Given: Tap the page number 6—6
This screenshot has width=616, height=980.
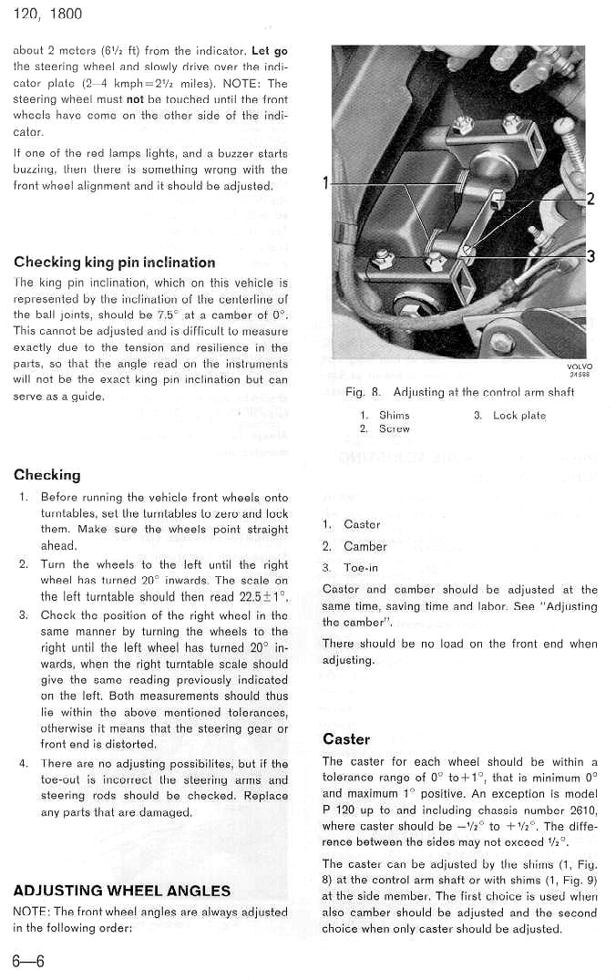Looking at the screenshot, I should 28,961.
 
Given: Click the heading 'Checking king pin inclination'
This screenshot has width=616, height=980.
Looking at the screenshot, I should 115,263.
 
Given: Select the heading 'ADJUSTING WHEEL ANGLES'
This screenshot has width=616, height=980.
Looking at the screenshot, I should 122,890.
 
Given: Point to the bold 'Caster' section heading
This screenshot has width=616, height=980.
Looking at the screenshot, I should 346,738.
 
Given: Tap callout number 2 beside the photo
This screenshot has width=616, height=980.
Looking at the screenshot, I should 590,200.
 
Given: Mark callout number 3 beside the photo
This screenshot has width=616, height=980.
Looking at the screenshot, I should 590,256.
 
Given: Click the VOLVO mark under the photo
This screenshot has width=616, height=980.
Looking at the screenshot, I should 579,366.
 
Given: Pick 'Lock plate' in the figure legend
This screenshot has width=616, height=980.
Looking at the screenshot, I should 519,415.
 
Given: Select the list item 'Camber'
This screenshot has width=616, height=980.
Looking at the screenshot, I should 365,546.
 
